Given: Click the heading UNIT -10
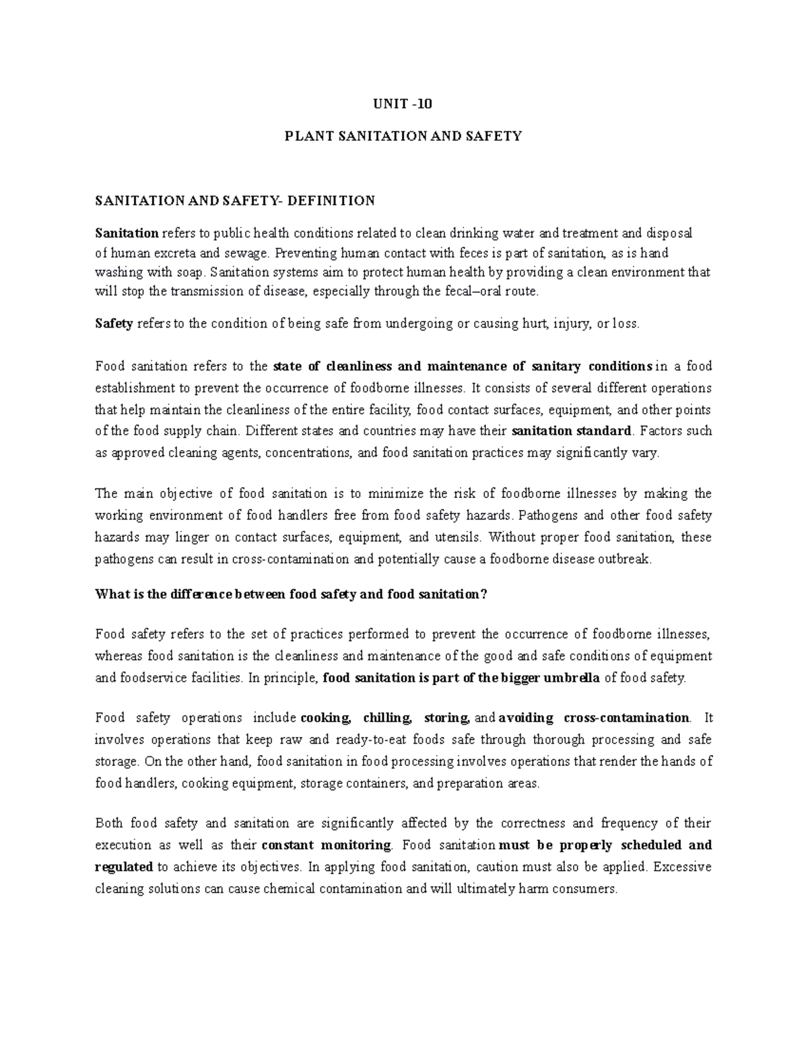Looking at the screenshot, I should pyautogui.click(x=403, y=104).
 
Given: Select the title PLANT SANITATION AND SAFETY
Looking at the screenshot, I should pyautogui.click(x=403, y=136).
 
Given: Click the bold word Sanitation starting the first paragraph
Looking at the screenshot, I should pyautogui.click(x=127, y=233).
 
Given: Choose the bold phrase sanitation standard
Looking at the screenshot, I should pyautogui.click(x=572, y=431).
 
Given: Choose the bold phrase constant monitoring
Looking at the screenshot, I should pyautogui.click(x=327, y=845).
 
